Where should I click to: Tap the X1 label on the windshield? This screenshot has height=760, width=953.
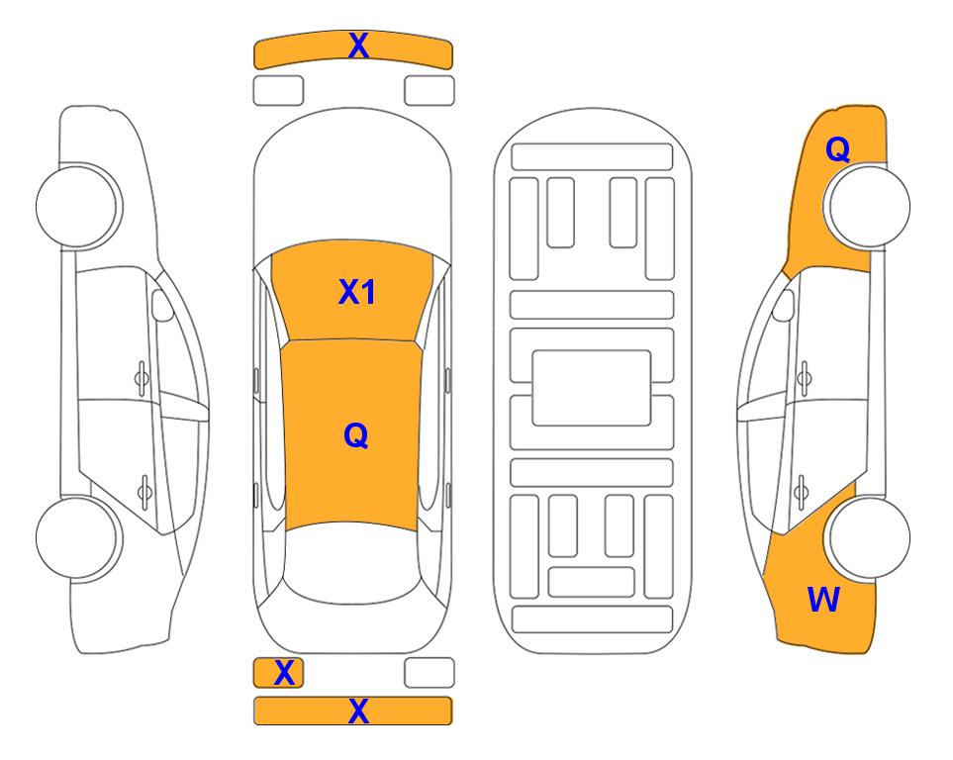pyautogui.click(x=357, y=292)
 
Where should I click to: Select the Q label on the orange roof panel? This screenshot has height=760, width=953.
pyautogui.click(x=356, y=435)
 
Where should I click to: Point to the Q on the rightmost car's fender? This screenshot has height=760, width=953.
pyautogui.click(x=837, y=149)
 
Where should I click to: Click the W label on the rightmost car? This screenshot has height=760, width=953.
pyautogui.click(x=823, y=600)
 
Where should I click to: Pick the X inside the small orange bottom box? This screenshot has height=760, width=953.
pyautogui.click(x=284, y=673)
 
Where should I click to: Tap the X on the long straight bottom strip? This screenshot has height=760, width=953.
pyautogui.click(x=358, y=711)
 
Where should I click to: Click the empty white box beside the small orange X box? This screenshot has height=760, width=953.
pyautogui.click(x=429, y=673)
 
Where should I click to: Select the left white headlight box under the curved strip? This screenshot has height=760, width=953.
pyautogui.click(x=278, y=91)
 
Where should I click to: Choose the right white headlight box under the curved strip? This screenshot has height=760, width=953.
pyautogui.click(x=429, y=91)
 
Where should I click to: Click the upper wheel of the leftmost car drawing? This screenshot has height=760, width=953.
pyautogui.click(x=78, y=206)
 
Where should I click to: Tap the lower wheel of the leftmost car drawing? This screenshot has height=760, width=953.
pyautogui.click(x=78, y=537)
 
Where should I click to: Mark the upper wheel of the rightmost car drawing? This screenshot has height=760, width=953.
pyautogui.click(x=869, y=206)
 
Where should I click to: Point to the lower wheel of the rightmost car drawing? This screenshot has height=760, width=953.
pyautogui.click(x=869, y=537)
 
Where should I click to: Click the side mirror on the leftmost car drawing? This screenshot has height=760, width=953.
pyautogui.click(x=162, y=305)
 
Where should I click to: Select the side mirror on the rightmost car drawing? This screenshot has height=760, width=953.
pyautogui.click(x=783, y=305)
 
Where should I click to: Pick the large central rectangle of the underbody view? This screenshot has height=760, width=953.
pyautogui.click(x=592, y=388)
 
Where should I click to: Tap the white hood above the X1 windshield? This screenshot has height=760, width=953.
pyautogui.click(x=352, y=182)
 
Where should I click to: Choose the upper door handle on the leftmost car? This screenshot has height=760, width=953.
pyautogui.click(x=142, y=378)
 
